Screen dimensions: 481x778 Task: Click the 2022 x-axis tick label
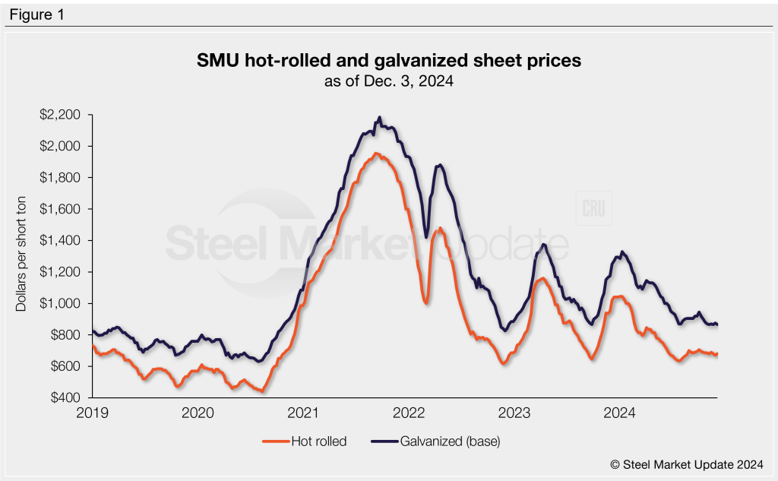coord(409,413)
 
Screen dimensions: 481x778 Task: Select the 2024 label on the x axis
coord(619,413)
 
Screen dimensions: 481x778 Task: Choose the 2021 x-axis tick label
coord(303,413)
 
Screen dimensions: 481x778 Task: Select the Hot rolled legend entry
coord(305,441)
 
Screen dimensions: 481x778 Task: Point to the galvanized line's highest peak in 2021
coord(379,118)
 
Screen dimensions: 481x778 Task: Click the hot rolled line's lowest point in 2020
coord(262,391)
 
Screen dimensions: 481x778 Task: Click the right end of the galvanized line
coord(717,324)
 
